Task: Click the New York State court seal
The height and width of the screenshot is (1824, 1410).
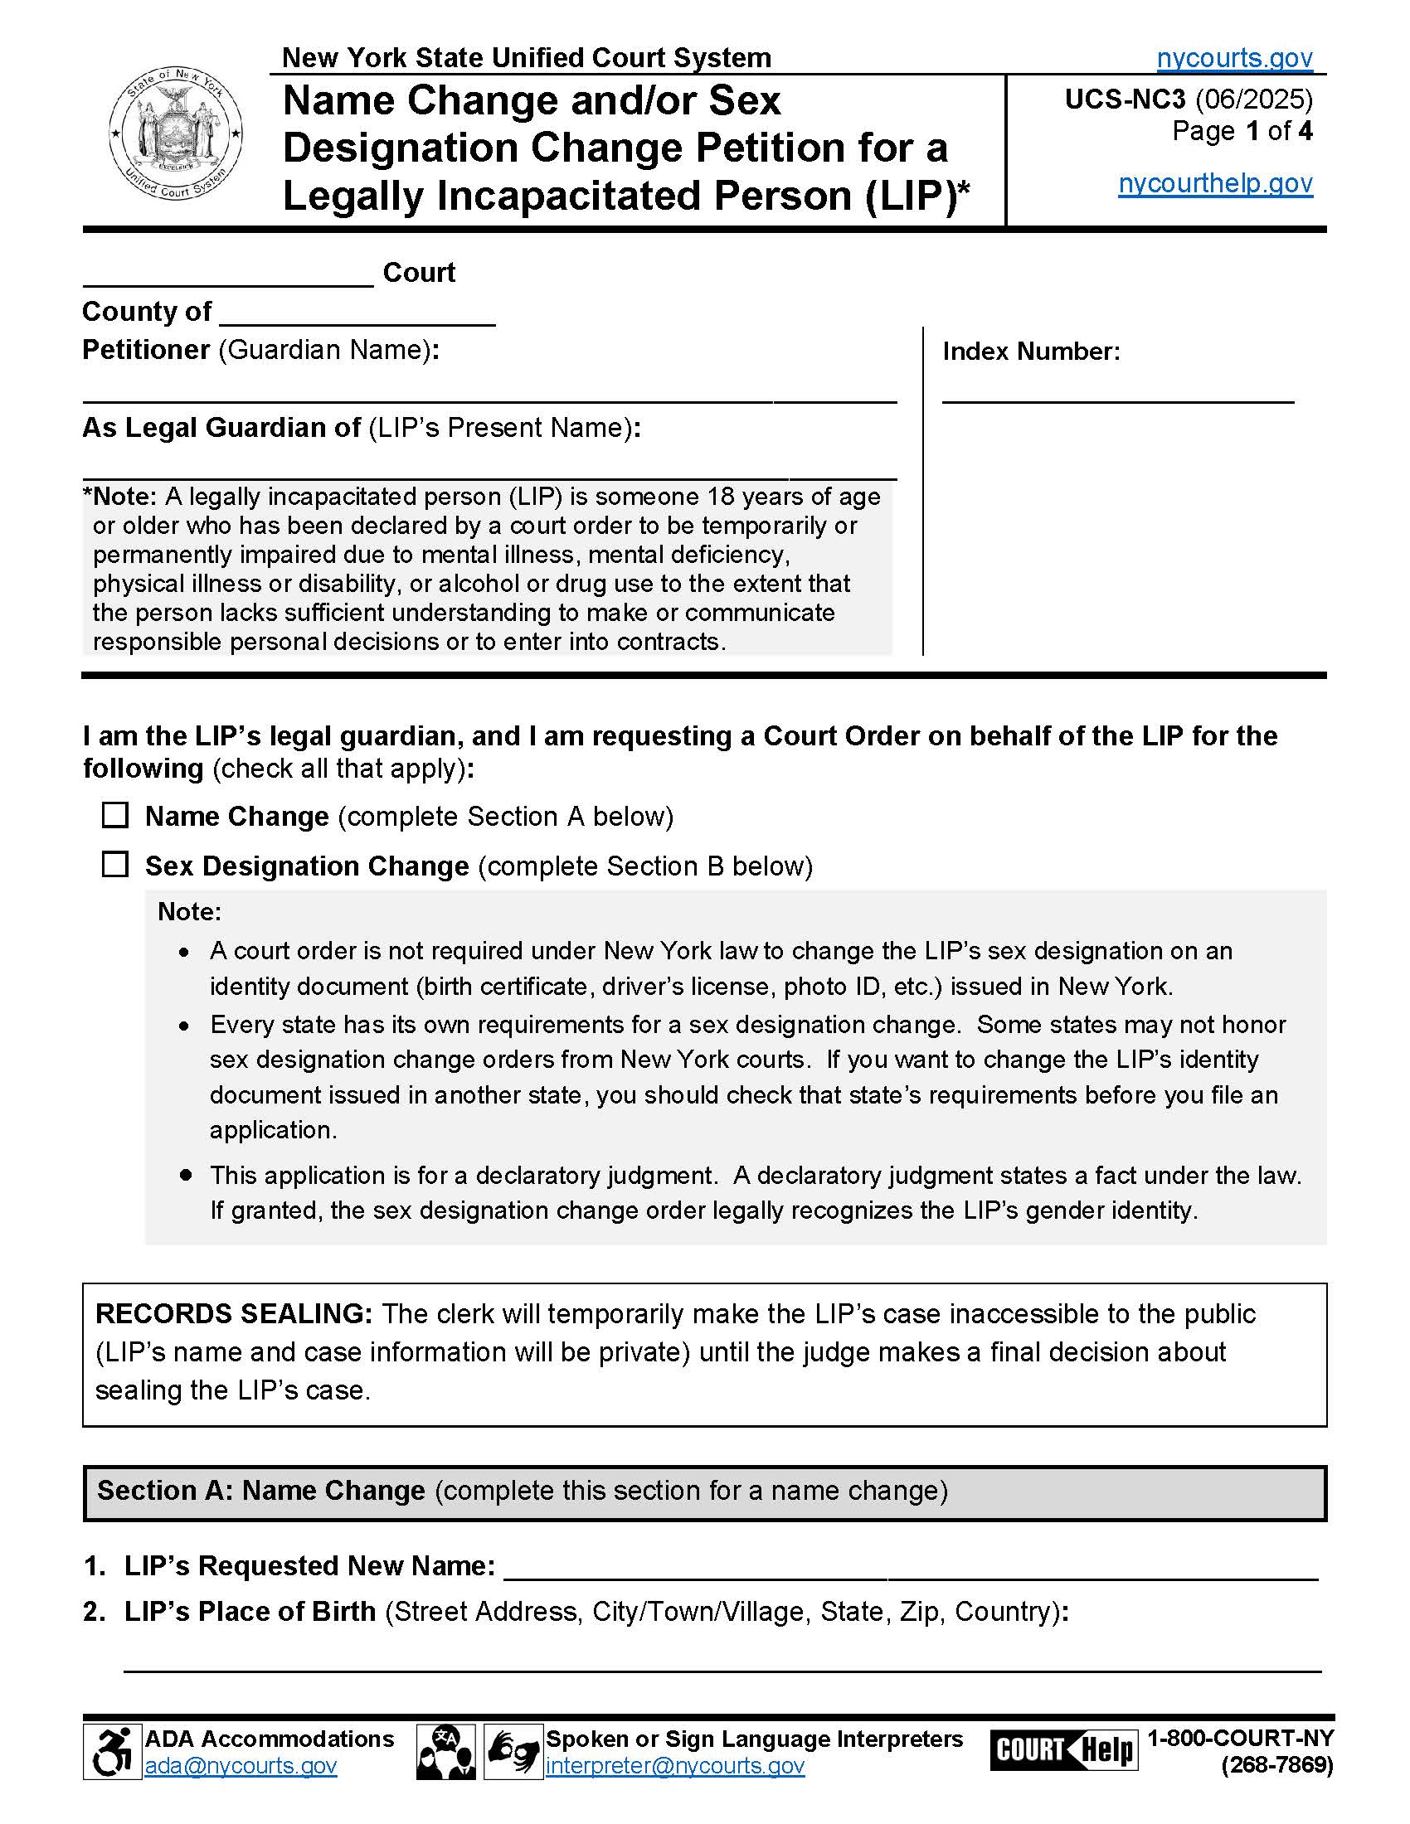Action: point(175,134)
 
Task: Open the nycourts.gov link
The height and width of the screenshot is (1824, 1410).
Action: point(1234,58)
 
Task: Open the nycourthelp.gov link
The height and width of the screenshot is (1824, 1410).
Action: point(1215,183)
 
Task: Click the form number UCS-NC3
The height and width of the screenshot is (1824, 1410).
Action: point(1125,99)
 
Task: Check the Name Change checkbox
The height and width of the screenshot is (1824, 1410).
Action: point(115,815)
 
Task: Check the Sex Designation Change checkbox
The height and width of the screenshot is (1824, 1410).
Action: point(115,865)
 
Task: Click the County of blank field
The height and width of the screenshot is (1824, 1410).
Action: point(357,316)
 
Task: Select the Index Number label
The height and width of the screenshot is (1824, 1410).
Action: point(1031,352)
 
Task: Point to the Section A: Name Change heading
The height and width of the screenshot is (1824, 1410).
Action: point(260,1491)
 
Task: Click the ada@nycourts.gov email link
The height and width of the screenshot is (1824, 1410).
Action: point(241,1765)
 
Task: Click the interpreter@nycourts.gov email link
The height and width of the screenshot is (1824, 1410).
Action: point(675,1765)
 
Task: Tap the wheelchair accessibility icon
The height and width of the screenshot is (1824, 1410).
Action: point(112,1752)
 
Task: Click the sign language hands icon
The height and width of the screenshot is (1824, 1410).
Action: point(513,1752)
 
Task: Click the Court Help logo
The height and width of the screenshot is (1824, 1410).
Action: point(1063,1749)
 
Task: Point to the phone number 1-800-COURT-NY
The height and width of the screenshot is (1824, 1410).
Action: point(1240,1738)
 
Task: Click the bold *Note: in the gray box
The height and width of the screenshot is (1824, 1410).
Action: point(120,497)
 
